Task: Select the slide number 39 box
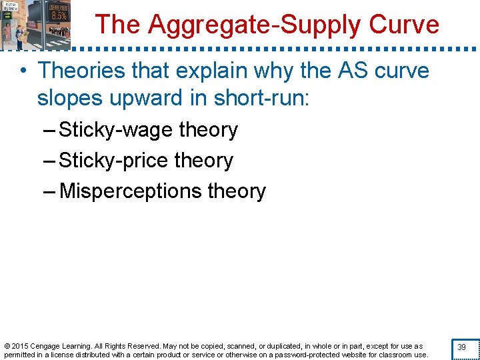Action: pyautogui.click(x=462, y=347)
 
